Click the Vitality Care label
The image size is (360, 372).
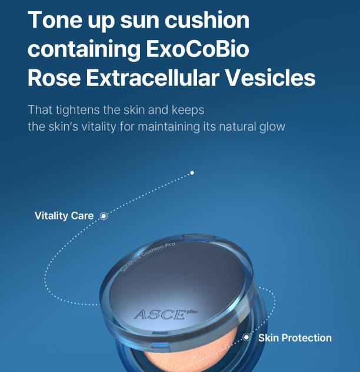click(x=64, y=216)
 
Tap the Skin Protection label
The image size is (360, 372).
click(x=295, y=338)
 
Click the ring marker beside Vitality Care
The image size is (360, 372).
click(x=104, y=216)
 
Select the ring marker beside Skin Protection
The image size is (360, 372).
click(x=246, y=337)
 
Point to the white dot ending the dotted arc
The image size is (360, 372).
click(x=192, y=173)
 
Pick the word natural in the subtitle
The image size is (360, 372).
click(x=225, y=126)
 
